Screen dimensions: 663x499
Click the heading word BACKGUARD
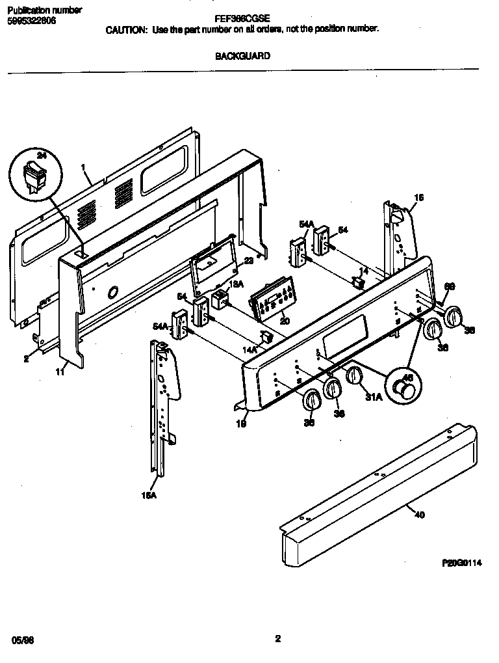(242, 56)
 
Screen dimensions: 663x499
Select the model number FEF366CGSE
(242, 20)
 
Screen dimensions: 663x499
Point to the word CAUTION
(127, 29)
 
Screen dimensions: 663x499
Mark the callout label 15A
(149, 495)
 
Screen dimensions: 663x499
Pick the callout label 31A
(374, 397)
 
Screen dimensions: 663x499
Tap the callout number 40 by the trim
(419, 515)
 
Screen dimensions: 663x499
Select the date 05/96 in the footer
(22, 640)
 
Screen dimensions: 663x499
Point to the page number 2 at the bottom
(277, 639)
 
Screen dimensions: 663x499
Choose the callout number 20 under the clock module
(284, 321)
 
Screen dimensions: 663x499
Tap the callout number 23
(249, 261)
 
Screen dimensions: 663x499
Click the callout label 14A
(250, 349)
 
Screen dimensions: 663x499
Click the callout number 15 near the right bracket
(418, 197)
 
